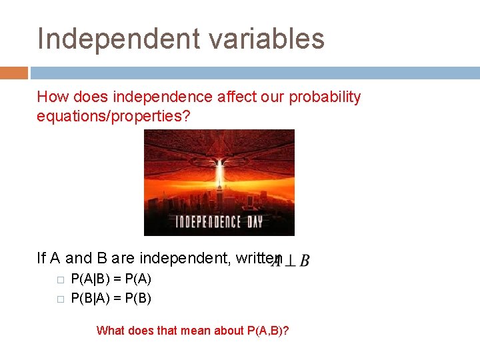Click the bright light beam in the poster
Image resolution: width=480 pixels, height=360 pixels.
pos(219,167)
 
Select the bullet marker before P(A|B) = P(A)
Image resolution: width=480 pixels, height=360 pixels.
pos(59,281)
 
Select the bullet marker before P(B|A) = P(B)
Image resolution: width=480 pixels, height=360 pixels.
pos(59,299)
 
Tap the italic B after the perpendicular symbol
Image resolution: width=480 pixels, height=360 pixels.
pos(304,261)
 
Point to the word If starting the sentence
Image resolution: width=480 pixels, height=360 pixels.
pos(41,258)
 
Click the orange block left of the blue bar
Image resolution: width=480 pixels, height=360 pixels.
pos(13,73)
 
